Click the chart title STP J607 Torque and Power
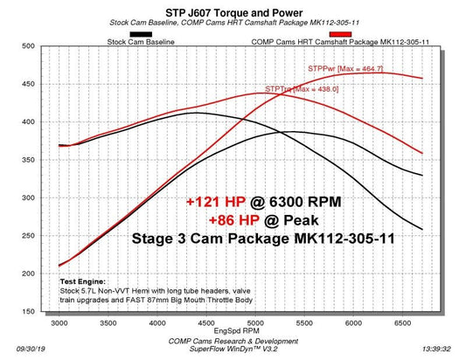pyautogui.click(x=233, y=11)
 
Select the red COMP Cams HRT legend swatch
pyautogui.click(x=339, y=34)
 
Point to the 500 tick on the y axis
pyautogui.click(x=34, y=45)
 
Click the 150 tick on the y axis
pyautogui.click(x=34, y=312)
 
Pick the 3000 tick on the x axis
pyautogui.click(x=59, y=322)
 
